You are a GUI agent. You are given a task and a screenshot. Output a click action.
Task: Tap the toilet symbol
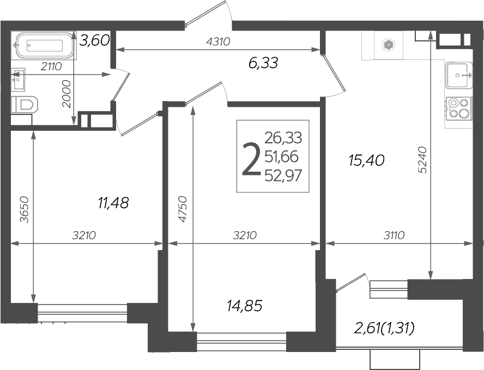pyautogui.click(x=25, y=104)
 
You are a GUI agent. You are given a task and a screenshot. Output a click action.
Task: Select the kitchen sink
pyautogui.click(x=459, y=75)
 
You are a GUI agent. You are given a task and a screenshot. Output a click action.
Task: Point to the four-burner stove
pyautogui.click(x=458, y=107)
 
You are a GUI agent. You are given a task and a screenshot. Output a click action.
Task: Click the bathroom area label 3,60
pyautogui.click(x=95, y=40)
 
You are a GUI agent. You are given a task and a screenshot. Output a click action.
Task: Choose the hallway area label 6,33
pyautogui.click(x=263, y=63)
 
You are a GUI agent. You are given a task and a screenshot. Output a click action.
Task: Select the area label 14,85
pyautogui.click(x=244, y=306)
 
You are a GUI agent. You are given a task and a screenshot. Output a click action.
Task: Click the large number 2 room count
pyautogui.click(x=250, y=159)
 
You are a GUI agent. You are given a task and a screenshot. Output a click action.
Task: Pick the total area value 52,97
pyautogui.click(x=283, y=175)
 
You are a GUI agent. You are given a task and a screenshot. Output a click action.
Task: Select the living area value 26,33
pyautogui.click(x=283, y=137)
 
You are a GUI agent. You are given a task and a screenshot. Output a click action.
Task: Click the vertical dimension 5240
pyautogui.click(x=422, y=159)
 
